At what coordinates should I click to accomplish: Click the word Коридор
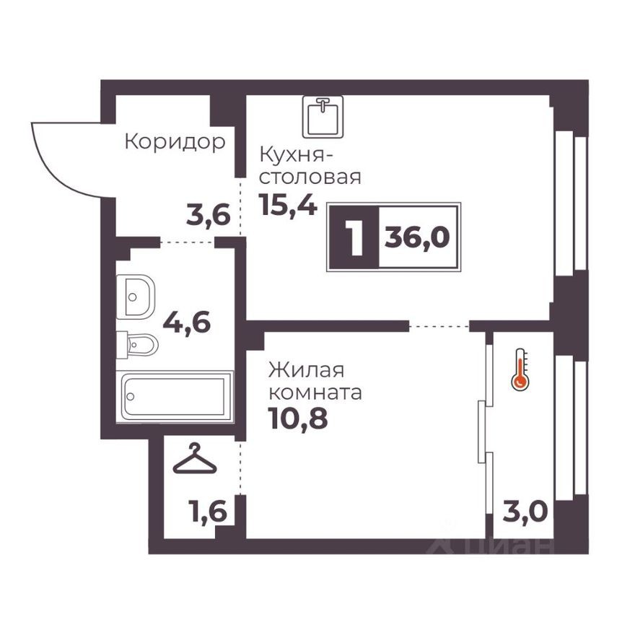[x=175, y=141]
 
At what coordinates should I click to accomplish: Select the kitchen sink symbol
[x=323, y=116]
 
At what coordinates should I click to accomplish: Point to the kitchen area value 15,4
[x=286, y=206]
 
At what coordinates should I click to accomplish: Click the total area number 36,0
[x=417, y=237]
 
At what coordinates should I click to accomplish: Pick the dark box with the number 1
[x=354, y=237]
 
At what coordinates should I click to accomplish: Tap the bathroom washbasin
[x=136, y=296]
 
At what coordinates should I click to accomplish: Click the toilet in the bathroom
[x=138, y=344]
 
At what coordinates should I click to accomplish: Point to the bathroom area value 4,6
[x=186, y=322]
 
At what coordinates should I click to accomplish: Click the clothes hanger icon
[x=195, y=460]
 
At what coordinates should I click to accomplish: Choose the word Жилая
[x=296, y=371]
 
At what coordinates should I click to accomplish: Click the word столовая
[x=310, y=178]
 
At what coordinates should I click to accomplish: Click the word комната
[x=315, y=394]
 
